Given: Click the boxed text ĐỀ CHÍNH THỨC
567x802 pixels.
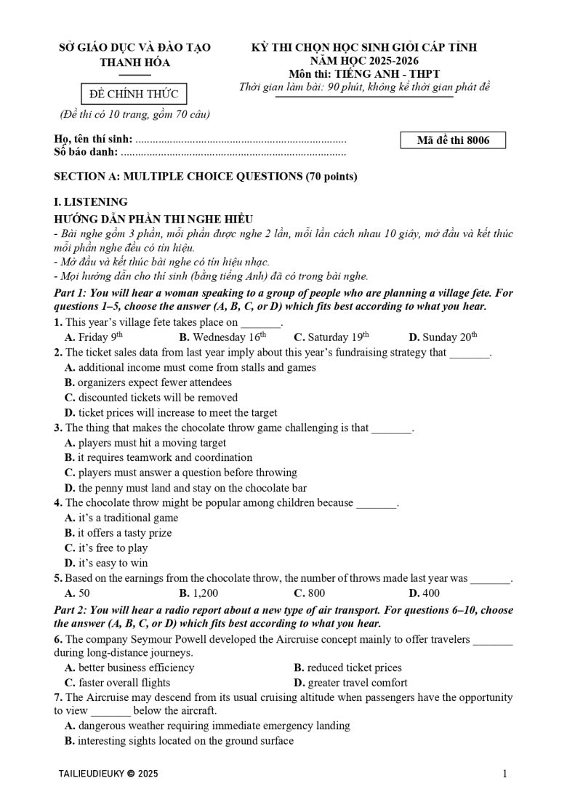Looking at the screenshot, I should [134, 94].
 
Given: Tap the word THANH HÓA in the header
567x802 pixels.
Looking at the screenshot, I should [134, 63].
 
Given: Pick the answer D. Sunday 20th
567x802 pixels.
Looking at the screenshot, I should [443, 337].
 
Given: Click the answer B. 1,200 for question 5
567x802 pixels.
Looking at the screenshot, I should [198, 593].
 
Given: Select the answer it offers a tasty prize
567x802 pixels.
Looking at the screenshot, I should [118, 533].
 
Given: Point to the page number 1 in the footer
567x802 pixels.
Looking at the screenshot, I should [504, 774].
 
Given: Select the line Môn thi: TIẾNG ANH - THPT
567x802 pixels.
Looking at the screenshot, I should [363, 74].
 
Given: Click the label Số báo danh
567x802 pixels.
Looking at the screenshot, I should [86, 153].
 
